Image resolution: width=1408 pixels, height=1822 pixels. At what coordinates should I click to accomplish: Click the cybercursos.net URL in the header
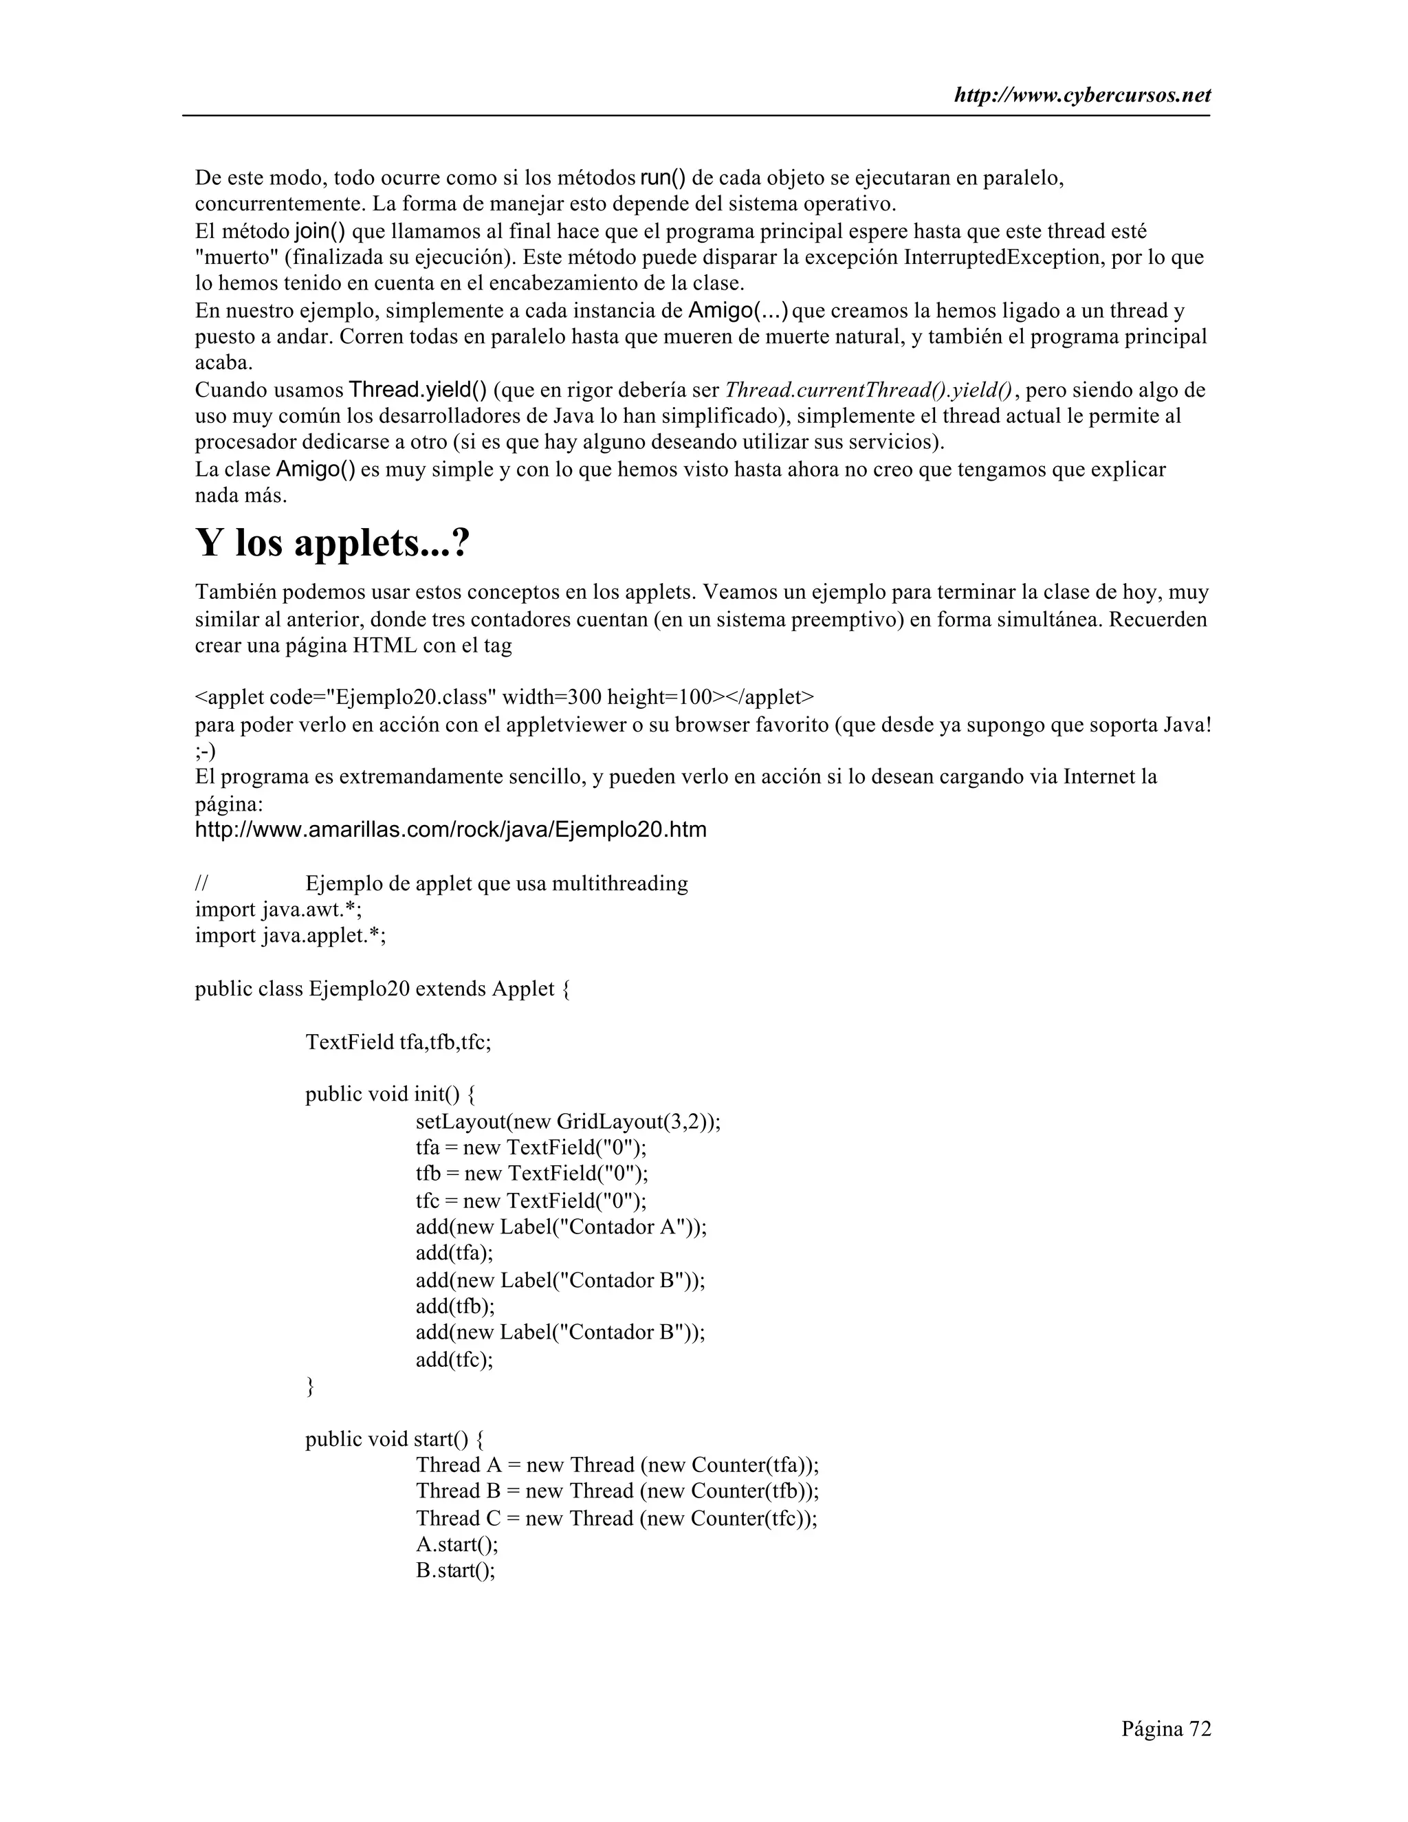click(1082, 96)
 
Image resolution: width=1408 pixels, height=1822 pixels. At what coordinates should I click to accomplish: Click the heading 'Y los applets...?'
click(333, 544)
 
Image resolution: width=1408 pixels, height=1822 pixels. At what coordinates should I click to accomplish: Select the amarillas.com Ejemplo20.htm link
click(450, 830)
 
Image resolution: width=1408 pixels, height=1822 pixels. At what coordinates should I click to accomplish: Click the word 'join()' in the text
click(320, 231)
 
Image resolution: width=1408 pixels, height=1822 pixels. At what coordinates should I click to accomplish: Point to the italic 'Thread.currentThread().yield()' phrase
click(868, 391)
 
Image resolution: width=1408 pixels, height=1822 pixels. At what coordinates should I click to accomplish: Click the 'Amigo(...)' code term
click(738, 311)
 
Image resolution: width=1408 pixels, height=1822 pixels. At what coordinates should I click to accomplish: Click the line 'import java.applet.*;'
click(290, 936)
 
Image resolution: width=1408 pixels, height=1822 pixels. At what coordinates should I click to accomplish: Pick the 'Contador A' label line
click(560, 1227)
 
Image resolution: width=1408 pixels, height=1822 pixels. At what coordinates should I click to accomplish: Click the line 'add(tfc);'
click(454, 1360)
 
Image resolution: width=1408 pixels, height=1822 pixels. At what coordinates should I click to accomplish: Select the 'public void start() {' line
click(394, 1439)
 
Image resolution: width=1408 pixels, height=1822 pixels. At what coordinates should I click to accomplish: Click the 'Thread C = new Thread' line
click(617, 1518)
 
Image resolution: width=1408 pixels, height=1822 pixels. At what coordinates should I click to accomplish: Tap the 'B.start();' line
click(455, 1571)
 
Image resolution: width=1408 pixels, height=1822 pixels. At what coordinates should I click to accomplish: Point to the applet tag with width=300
click(504, 697)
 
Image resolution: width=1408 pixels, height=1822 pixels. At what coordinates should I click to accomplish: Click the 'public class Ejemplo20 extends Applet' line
click(383, 989)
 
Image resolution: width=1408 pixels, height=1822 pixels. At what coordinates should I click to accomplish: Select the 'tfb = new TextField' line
click(531, 1174)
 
